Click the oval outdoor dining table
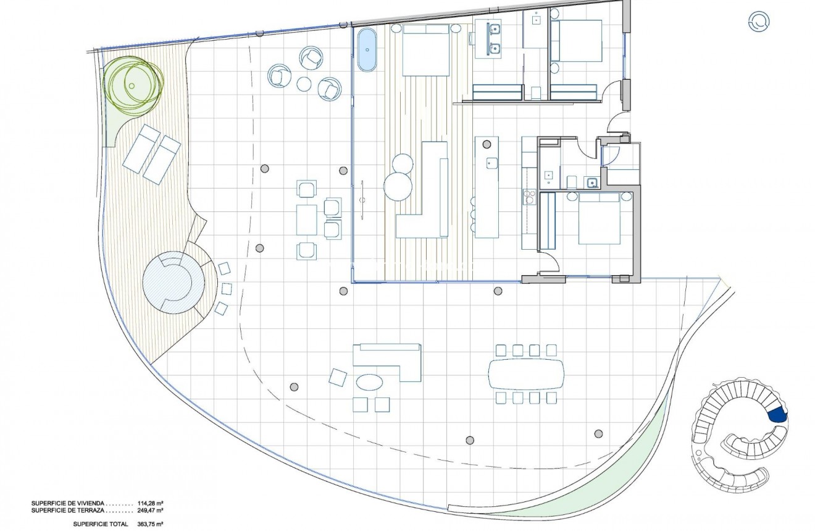525,374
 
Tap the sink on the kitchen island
491,164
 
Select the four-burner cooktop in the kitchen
529,197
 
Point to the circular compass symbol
759,22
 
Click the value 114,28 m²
149,503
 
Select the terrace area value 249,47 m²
149,511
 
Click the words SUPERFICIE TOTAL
101,524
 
